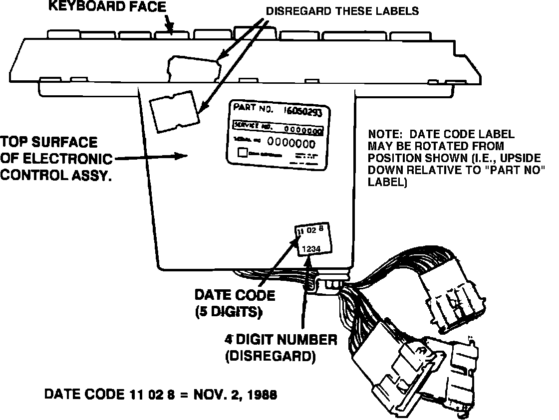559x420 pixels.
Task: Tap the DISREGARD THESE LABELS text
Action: point(342,11)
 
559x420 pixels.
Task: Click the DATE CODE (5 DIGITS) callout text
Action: point(235,303)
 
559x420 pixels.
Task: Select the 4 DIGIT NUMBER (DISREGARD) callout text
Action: point(280,348)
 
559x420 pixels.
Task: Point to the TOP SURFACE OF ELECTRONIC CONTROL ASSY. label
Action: point(56,159)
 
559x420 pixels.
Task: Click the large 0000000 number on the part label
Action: point(291,144)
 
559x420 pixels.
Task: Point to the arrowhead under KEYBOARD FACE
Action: point(171,28)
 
